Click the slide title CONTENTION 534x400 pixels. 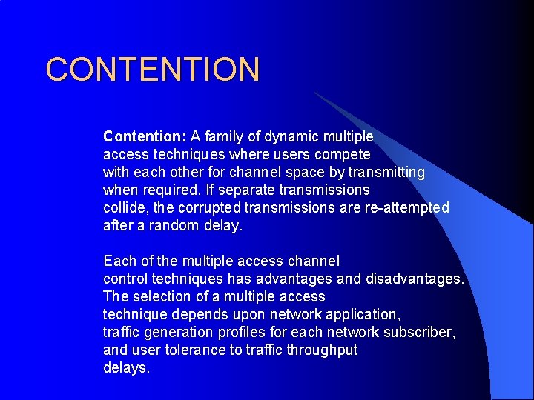coord(153,69)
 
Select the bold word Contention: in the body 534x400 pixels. coord(145,136)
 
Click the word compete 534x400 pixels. coord(343,154)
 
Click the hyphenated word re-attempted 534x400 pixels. coord(406,207)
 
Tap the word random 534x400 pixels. coord(174,225)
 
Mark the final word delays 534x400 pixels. coord(126,367)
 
